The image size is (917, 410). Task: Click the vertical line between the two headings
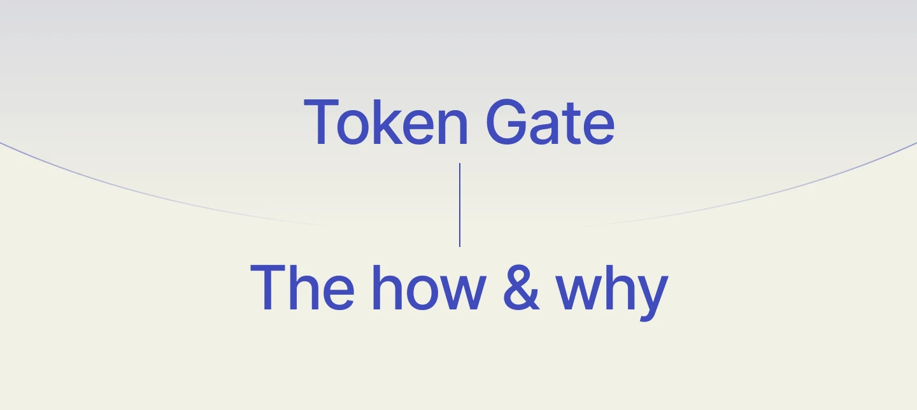click(x=459, y=204)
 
